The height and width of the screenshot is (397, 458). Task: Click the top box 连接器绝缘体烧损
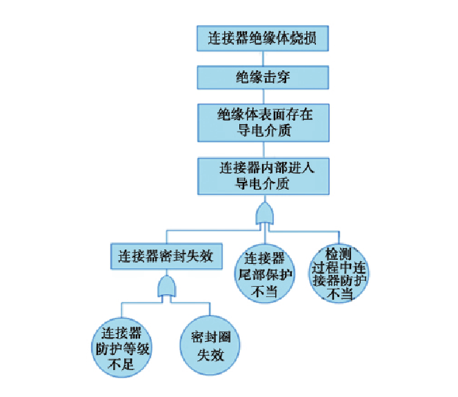coord(263,39)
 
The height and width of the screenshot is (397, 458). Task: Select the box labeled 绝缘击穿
coord(263,77)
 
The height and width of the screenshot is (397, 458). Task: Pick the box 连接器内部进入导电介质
coord(263,176)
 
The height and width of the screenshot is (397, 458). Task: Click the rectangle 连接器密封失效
coord(165,257)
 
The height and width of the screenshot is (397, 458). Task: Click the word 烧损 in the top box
coord(304,39)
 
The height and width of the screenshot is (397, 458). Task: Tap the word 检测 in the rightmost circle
coord(339,254)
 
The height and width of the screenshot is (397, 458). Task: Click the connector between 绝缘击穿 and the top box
coord(263,58)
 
